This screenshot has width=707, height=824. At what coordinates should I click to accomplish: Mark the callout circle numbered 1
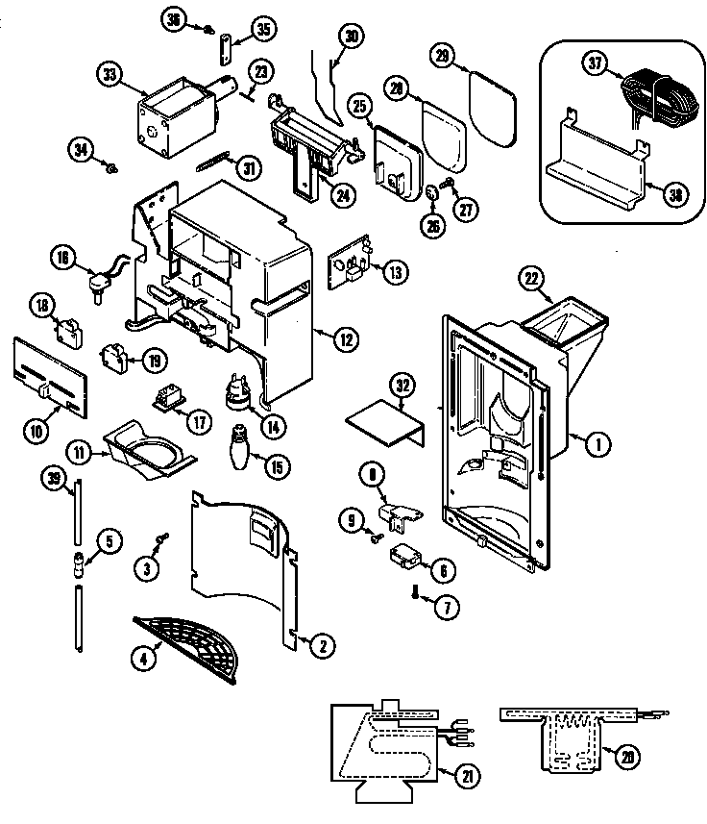click(597, 443)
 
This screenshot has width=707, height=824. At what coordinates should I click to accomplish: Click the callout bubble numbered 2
click(324, 647)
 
